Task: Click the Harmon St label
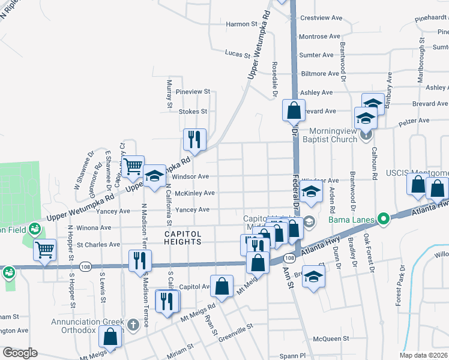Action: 237,24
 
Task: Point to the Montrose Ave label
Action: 318,37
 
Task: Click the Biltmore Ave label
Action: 320,74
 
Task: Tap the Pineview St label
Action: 193,92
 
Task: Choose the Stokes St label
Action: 193,111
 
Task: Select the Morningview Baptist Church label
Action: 333,134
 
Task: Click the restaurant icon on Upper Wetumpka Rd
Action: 194,139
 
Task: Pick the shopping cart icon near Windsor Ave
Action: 133,166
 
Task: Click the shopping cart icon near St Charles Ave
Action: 44,250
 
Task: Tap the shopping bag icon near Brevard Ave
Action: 293,110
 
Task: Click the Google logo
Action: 20,352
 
